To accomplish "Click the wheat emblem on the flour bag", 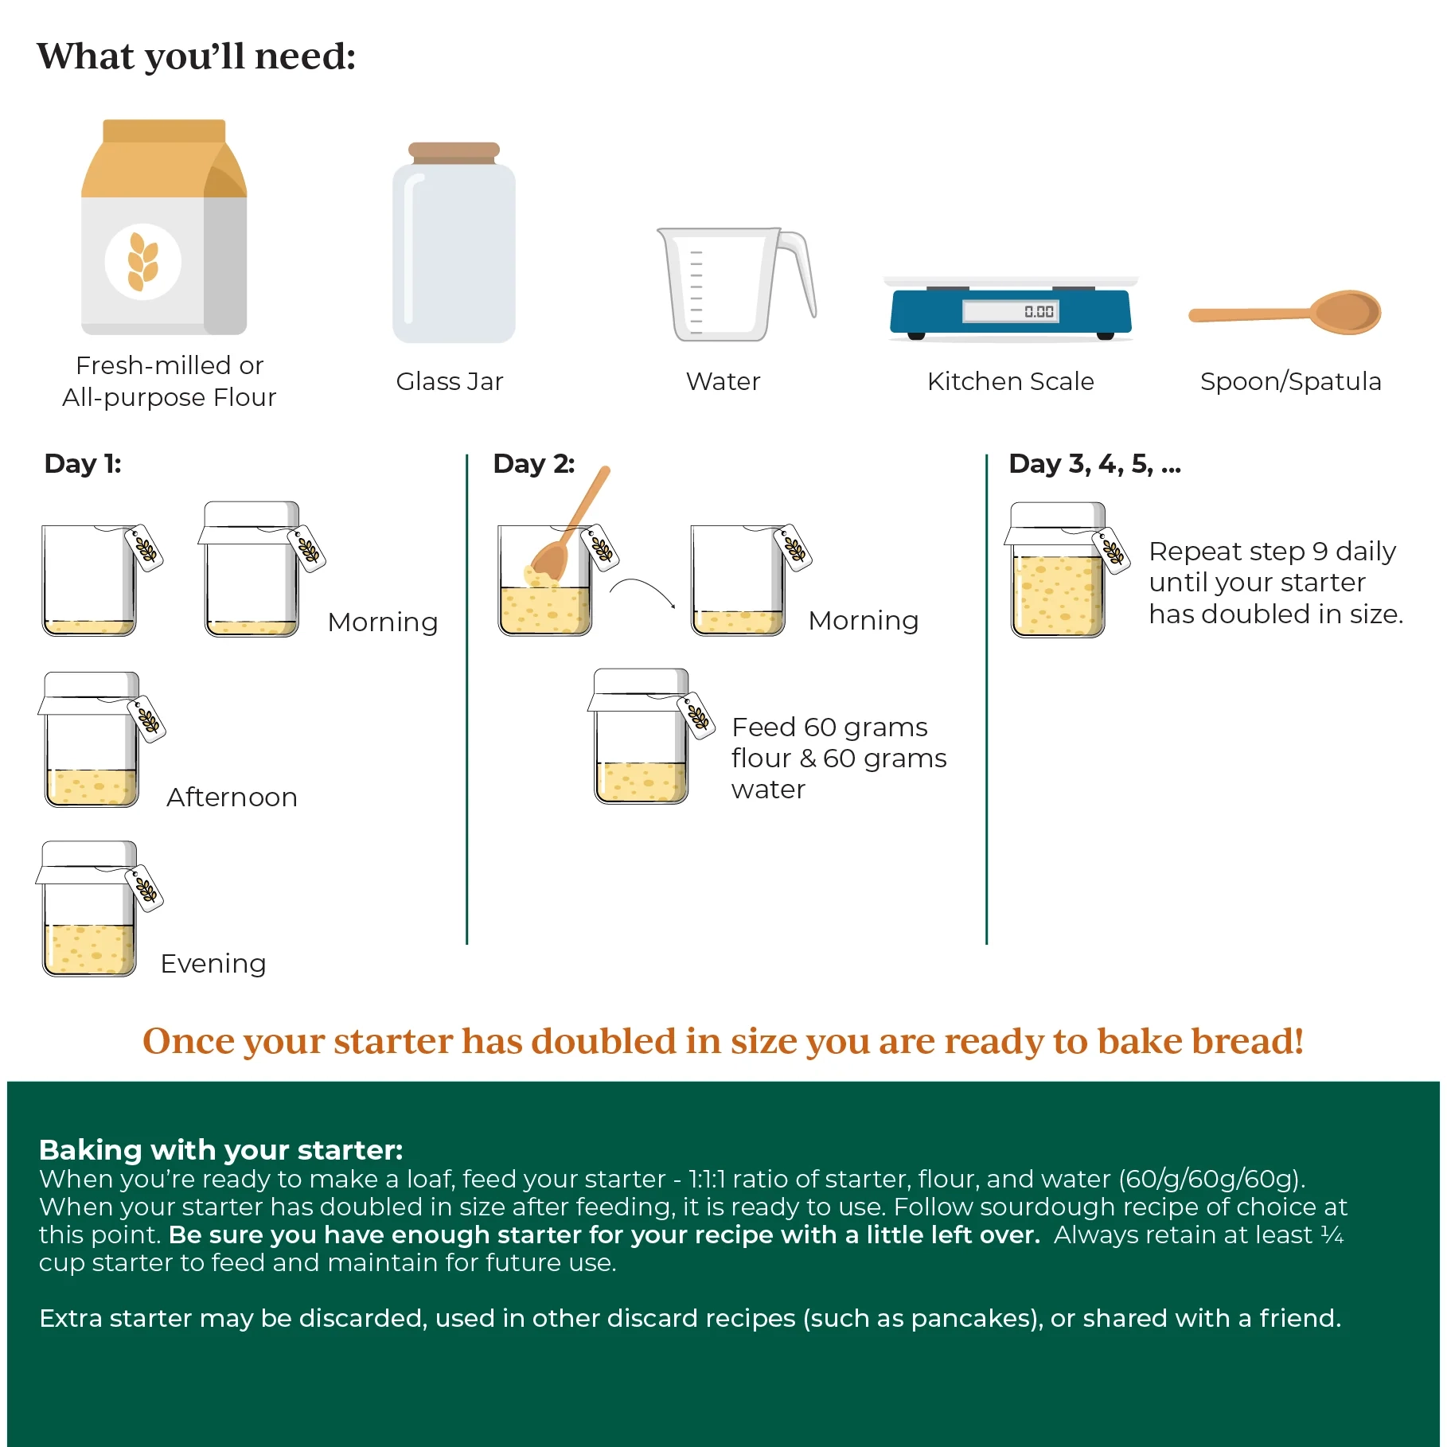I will coord(143,261).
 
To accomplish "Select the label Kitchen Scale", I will coord(1010,381).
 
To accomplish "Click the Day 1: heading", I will coord(83,463).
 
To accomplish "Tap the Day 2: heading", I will coord(533,463).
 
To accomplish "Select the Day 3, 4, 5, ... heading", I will coord(1094,463).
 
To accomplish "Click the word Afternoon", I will coord(232,797).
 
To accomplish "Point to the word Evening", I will coord(213,963).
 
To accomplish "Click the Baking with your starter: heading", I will coord(220,1149).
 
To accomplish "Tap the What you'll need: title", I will coord(196,57).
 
